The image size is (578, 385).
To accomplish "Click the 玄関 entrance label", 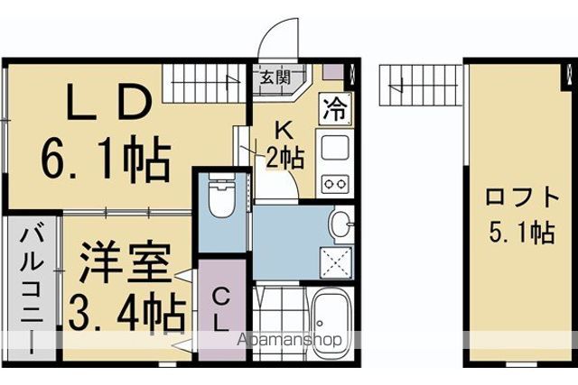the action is pos(275,78).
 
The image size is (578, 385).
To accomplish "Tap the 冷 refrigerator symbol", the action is pos(335,108).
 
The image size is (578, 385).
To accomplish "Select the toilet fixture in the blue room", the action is pos(221,196).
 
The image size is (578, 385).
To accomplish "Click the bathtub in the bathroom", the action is pos(330,323).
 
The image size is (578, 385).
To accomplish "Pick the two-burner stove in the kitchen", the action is pos(335,183).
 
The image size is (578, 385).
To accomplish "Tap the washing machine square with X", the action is pos(336,262).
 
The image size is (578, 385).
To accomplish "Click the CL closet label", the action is pos(221,310).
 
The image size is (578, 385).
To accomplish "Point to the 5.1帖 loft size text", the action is pos(521,233).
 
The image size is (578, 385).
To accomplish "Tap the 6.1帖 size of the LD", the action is pos(106,160).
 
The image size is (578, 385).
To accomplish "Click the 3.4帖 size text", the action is pos(126,314).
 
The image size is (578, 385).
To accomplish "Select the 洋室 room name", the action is pos(126,262).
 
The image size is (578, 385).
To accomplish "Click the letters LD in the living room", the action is pos(109,102).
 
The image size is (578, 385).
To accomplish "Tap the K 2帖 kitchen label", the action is pos(285,144).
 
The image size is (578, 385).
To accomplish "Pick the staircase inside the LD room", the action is pos(205,84).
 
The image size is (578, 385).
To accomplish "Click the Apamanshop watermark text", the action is pos(290,340).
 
